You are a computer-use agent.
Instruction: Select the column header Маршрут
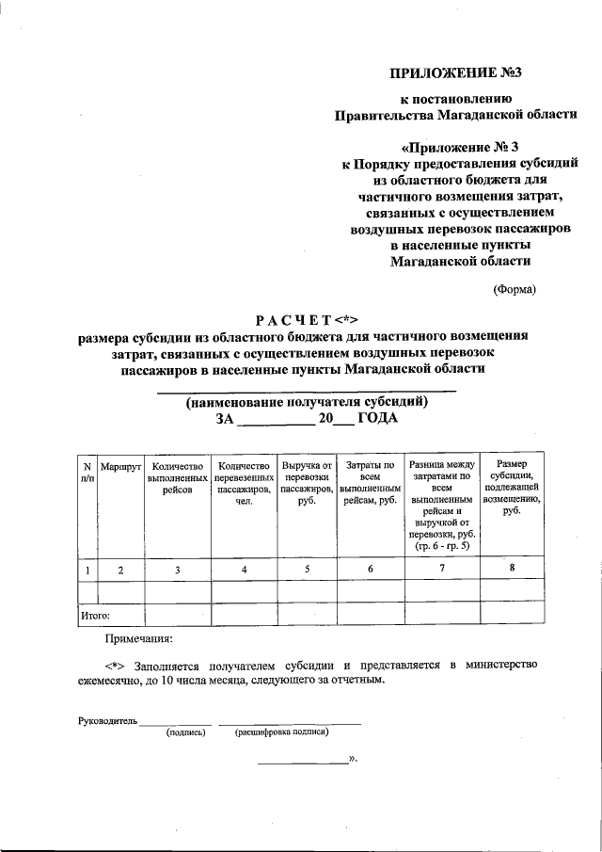coord(119,467)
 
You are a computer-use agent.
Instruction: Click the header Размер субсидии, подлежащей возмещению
coord(512,487)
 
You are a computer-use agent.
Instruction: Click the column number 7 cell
coord(441,568)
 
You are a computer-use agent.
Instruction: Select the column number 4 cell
coord(245,569)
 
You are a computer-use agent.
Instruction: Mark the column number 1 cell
coord(87,569)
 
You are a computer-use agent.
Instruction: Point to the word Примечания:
coord(138,640)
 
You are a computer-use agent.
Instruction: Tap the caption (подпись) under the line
coord(185,732)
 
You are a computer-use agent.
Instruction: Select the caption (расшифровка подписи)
coord(281,732)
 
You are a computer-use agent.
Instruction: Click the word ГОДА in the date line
coord(378,419)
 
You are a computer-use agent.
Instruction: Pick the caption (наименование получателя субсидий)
coord(307,402)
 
